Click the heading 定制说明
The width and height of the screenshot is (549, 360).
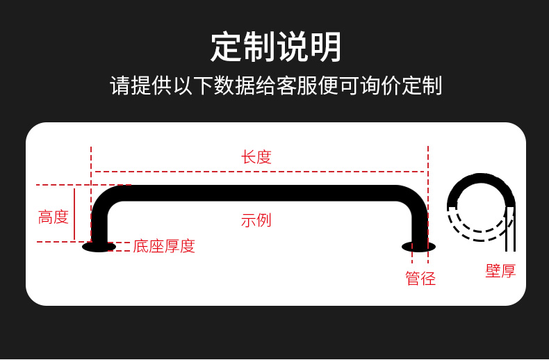(276, 47)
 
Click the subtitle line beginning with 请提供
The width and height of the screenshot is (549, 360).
(276, 86)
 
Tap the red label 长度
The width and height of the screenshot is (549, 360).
(256, 157)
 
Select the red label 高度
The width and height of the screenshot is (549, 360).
(54, 217)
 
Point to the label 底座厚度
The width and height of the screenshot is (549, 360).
(164, 246)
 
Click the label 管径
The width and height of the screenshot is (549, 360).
(420, 279)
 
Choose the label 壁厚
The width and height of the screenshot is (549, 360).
(500, 271)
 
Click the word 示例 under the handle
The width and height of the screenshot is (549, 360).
(256, 220)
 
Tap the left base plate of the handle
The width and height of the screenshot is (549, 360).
(99, 246)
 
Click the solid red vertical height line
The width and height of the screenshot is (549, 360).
(74, 213)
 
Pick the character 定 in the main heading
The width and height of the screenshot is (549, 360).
(227, 47)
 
